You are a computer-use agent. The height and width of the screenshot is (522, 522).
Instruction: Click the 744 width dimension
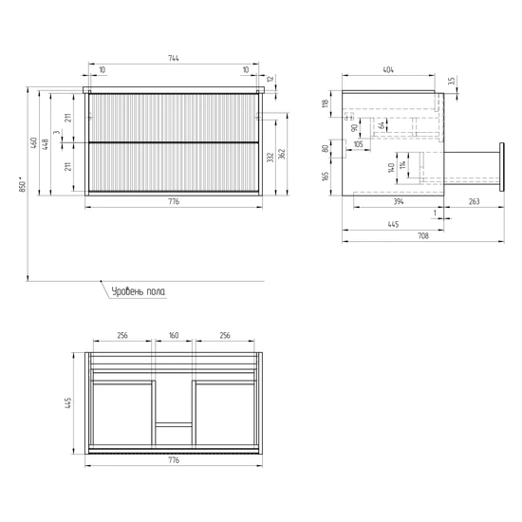pyautogui.click(x=174, y=58)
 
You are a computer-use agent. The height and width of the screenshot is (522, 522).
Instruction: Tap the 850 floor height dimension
pyautogui.click(x=23, y=184)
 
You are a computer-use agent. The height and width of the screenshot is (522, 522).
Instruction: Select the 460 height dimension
pyautogui.click(x=33, y=142)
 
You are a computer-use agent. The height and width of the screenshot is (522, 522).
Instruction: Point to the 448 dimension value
pyautogui.click(x=45, y=144)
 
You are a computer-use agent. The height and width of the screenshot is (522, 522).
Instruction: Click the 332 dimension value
pyautogui.click(x=270, y=158)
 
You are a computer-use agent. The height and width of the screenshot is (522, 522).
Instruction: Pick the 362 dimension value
pyautogui.click(x=282, y=154)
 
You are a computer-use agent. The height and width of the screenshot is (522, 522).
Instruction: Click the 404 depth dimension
pyautogui.click(x=388, y=70)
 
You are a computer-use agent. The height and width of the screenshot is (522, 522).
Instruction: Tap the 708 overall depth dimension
pyautogui.click(x=423, y=236)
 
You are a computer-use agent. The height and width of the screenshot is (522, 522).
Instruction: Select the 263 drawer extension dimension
pyautogui.click(x=474, y=201)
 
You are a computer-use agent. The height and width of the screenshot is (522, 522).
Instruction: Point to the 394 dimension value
pyautogui.click(x=399, y=201)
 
